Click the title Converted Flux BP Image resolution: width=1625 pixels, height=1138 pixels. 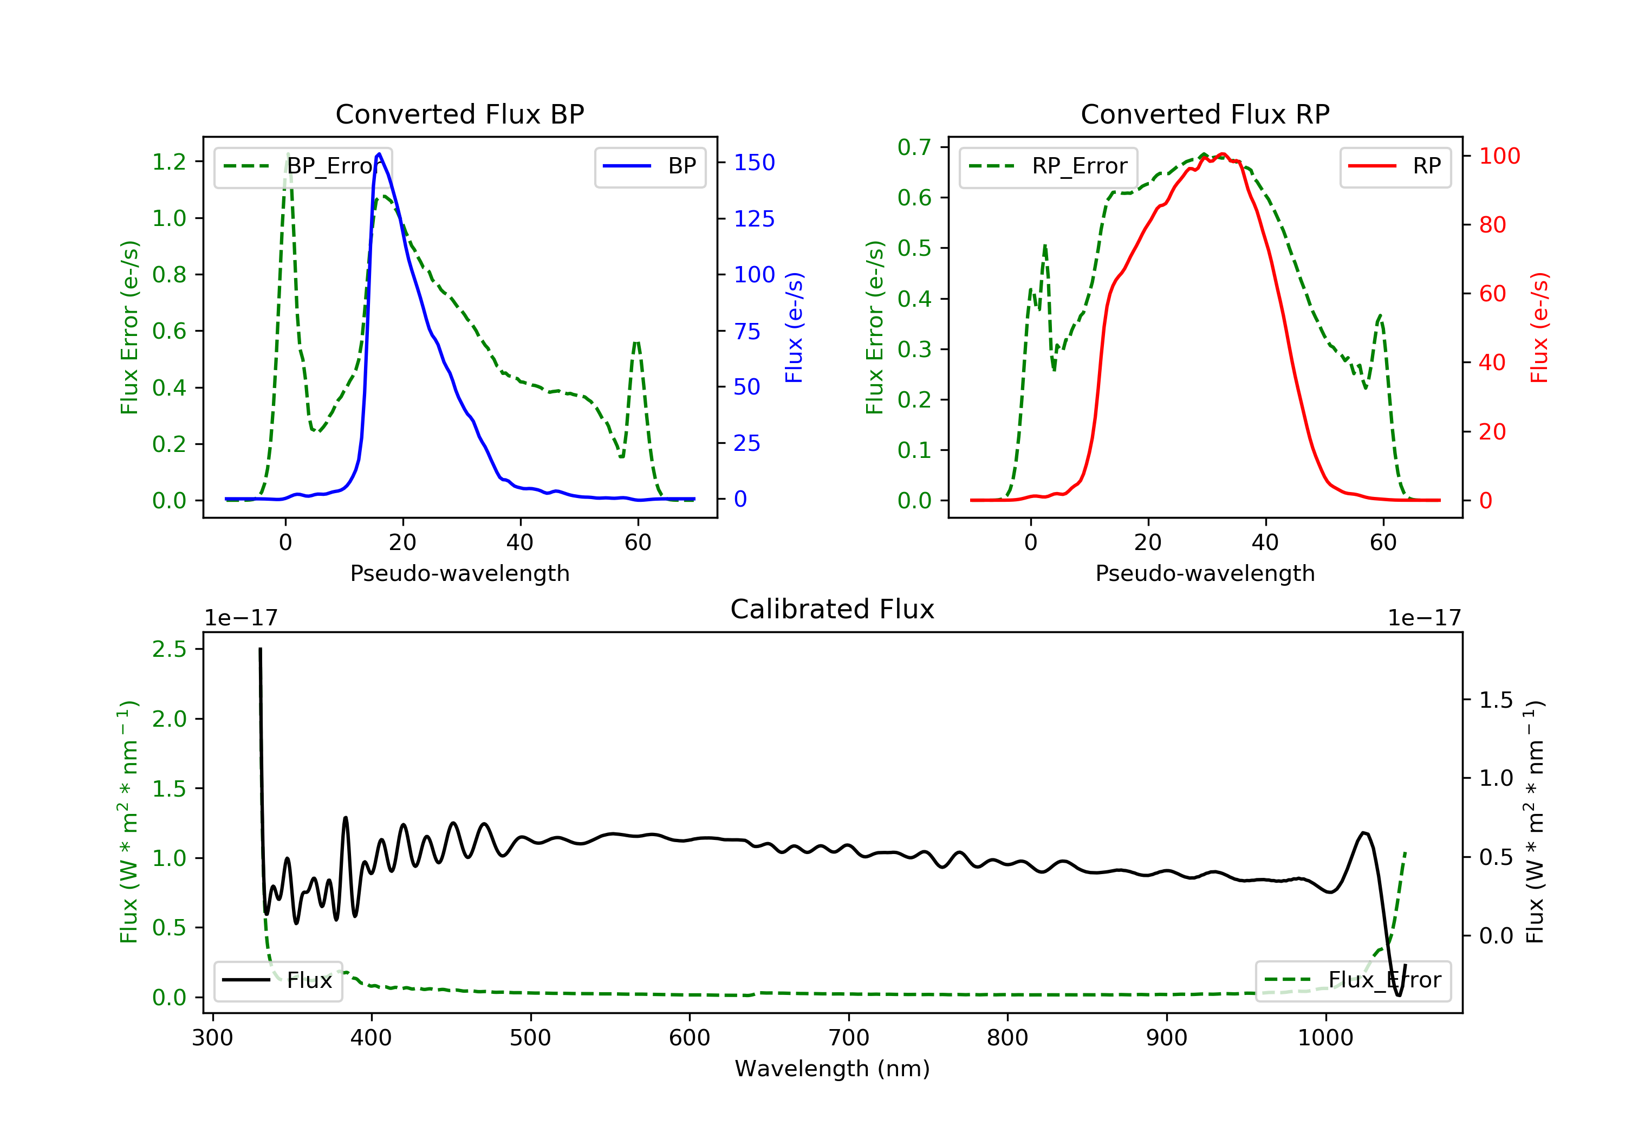pyautogui.click(x=459, y=114)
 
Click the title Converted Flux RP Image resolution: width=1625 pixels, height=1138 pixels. pyautogui.click(x=1205, y=114)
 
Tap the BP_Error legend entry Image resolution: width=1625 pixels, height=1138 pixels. pyautogui.click(x=303, y=166)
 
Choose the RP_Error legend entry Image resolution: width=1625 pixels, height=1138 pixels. pyautogui.click(x=1048, y=166)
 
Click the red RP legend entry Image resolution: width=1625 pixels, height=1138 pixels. pyautogui.click(x=1395, y=166)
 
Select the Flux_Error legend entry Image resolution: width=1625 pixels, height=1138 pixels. pyautogui.click(x=1353, y=980)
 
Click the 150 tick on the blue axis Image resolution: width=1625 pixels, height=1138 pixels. pyautogui.click(x=754, y=163)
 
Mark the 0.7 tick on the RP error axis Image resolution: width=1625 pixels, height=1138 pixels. pyautogui.click(x=914, y=147)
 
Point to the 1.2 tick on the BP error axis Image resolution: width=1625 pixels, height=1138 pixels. pyautogui.click(x=169, y=162)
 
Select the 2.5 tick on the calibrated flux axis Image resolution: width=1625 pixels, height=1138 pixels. pyautogui.click(x=169, y=649)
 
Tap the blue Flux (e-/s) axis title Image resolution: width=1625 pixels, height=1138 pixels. pyautogui.click(x=794, y=327)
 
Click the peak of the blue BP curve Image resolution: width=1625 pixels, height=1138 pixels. pyautogui.click(x=379, y=154)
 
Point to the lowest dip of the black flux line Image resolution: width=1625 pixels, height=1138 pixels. pyautogui.click(x=1398, y=995)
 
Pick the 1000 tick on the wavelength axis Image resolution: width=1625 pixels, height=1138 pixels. pyautogui.click(x=1325, y=1038)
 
